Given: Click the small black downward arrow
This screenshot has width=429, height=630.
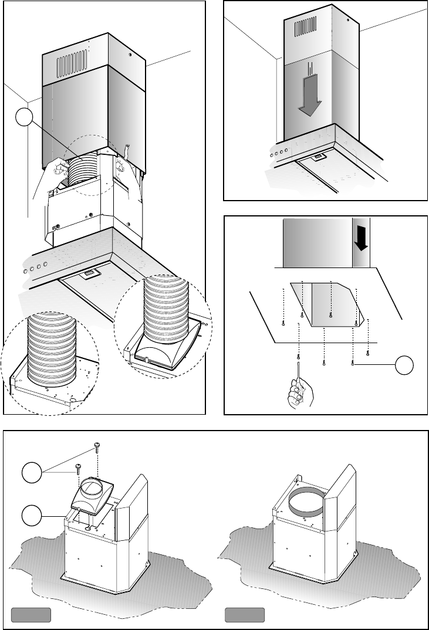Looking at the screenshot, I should [362, 239].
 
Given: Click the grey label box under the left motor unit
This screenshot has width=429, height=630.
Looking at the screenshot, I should [31, 615].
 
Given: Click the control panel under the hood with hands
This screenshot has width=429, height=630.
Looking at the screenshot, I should [88, 273].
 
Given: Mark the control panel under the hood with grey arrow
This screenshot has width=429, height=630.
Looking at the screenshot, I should [319, 157].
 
